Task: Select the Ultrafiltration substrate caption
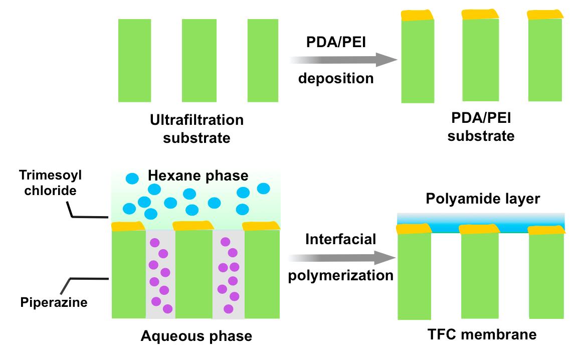coord(197,128)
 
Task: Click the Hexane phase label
coord(198,175)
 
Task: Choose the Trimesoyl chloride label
coord(50,183)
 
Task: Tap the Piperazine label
coord(54,302)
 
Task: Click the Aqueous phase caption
coord(197,335)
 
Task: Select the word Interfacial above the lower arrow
coord(341,239)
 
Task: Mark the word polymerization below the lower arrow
coord(341,275)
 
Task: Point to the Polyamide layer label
coord(483,199)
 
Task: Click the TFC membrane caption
coord(482,334)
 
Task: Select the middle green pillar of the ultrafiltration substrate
coord(198,60)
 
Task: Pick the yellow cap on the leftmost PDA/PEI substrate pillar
coord(418,15)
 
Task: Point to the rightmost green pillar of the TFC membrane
coord(547,276)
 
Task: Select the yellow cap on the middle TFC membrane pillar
coord(479,229)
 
